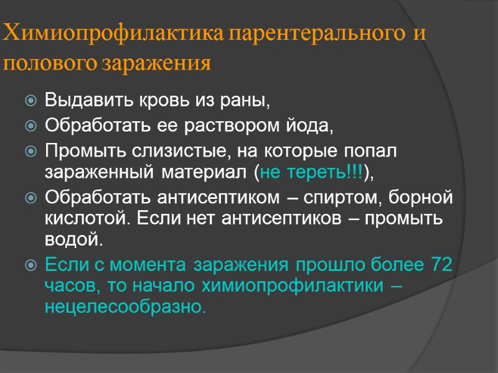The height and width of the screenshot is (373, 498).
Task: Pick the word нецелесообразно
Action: click(125, 306)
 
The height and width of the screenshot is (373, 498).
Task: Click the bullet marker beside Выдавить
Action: click(31, 100)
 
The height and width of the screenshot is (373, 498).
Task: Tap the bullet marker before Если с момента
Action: click(31, 265)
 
